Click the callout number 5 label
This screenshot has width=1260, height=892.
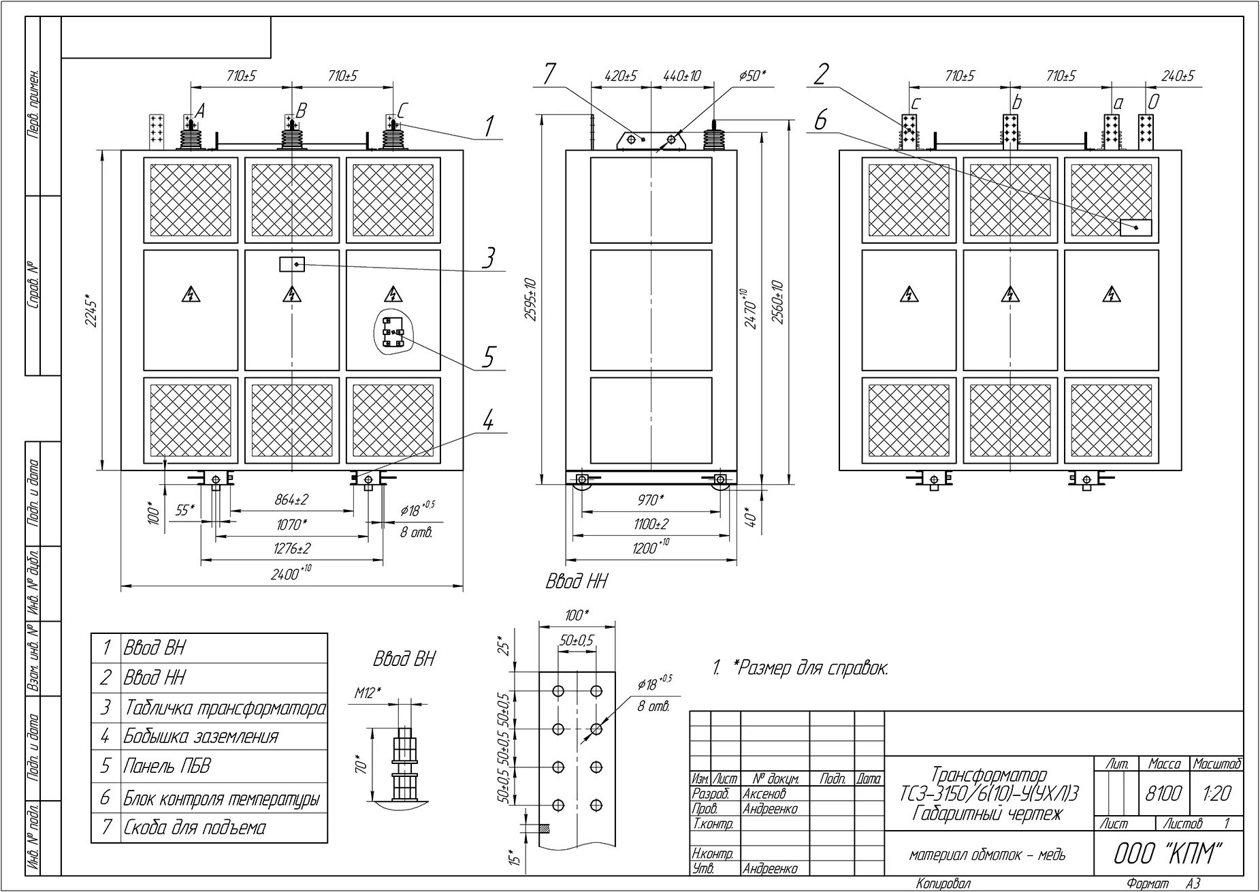click(488, 357)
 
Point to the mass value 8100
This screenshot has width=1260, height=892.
click(1164, 793)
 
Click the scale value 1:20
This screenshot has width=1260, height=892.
click(1216, 793)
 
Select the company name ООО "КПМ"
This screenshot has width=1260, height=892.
click(1169, 854)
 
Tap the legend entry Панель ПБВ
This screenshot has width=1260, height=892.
click(167, 766)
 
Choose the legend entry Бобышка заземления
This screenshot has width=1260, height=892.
click(201, 736)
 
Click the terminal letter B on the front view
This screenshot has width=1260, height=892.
click(302, 110)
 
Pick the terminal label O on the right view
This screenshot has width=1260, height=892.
click(1153, 102)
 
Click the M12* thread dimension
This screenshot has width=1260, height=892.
click(368, 692)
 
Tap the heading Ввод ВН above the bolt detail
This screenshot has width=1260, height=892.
click(404, 659)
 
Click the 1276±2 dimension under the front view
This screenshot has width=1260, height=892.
click(292, 548)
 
